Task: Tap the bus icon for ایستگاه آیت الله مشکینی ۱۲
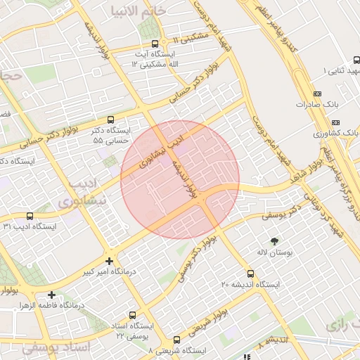tap(155, 43)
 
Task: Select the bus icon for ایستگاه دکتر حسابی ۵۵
tap(111, 120)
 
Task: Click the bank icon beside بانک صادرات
tap(317, 94)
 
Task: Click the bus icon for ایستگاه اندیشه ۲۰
tap(250, 274)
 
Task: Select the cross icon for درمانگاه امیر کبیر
tap(109, 261)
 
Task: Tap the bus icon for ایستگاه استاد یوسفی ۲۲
tap(131, 316)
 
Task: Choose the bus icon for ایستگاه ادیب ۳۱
tap(29, 216)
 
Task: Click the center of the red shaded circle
tap(180, 180)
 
